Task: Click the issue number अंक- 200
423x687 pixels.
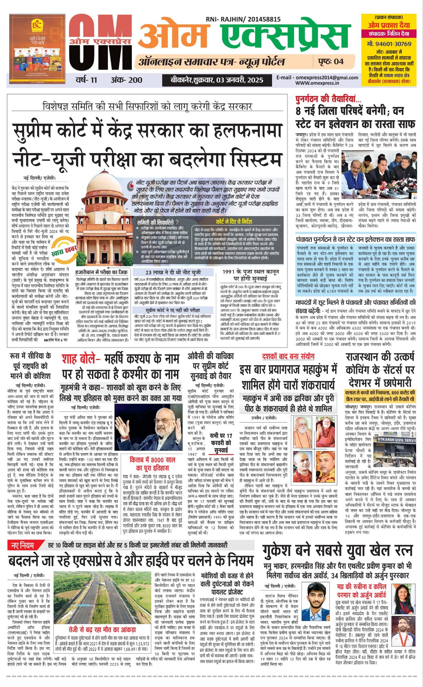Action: (x=126, y=80)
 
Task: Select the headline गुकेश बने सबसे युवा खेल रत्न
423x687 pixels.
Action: (x=338, y=550)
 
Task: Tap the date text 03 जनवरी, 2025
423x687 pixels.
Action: (x=239, y=80)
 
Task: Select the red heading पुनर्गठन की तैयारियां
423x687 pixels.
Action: (x=328, y=99)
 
